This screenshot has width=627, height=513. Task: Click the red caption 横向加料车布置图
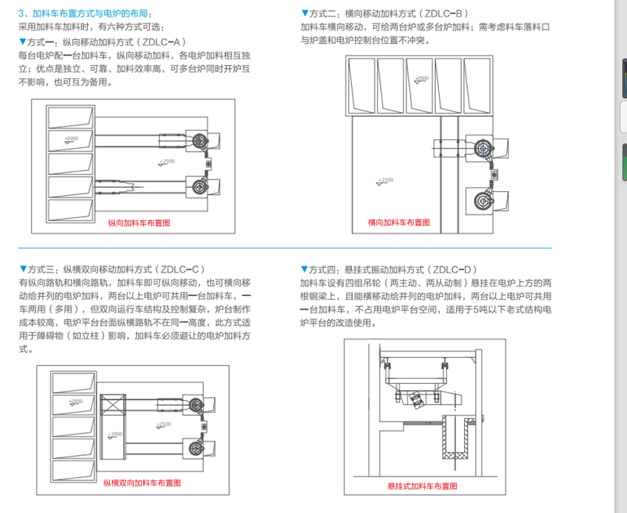(398, 222)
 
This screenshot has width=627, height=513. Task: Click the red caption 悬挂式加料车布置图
(422, 486)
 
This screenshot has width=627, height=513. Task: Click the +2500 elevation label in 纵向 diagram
(167, 161)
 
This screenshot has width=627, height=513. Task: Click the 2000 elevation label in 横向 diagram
(421, 79)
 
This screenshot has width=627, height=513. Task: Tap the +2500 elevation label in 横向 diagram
(386, 180)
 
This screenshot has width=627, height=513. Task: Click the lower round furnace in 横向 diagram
(480, 199)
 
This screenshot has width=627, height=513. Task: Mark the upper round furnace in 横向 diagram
(481, 147)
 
